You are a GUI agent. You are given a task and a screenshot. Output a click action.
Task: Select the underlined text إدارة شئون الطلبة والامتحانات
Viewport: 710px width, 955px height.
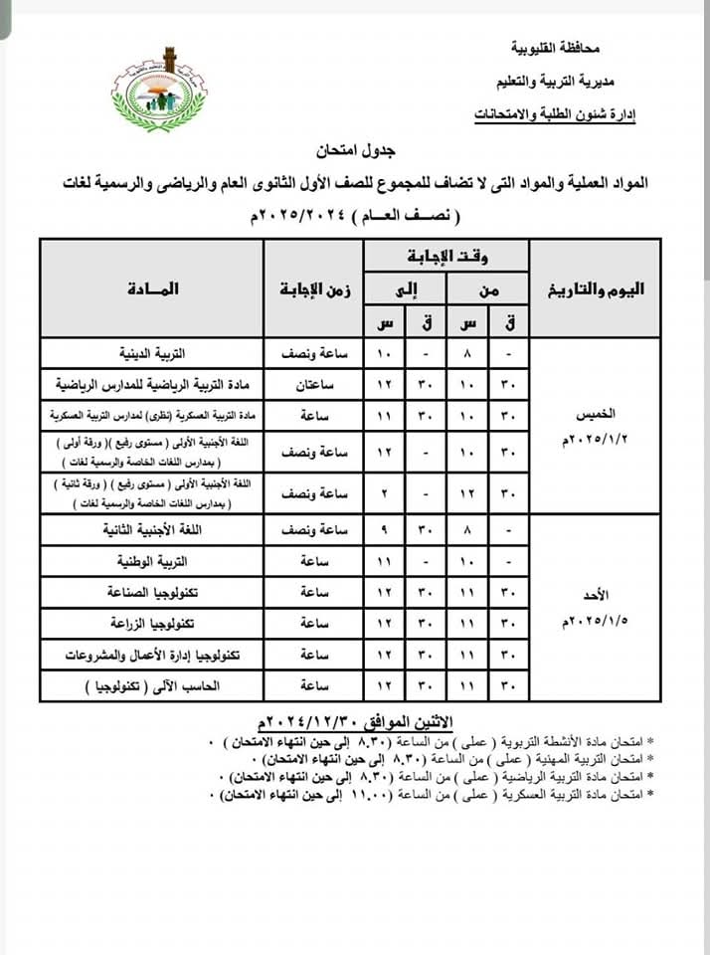click(x=556, y=114)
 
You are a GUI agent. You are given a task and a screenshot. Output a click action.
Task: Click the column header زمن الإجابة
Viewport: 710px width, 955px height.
click(x=312, y=289)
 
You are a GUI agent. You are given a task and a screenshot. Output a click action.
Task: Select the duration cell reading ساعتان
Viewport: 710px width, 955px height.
click(x=312, y=383)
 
